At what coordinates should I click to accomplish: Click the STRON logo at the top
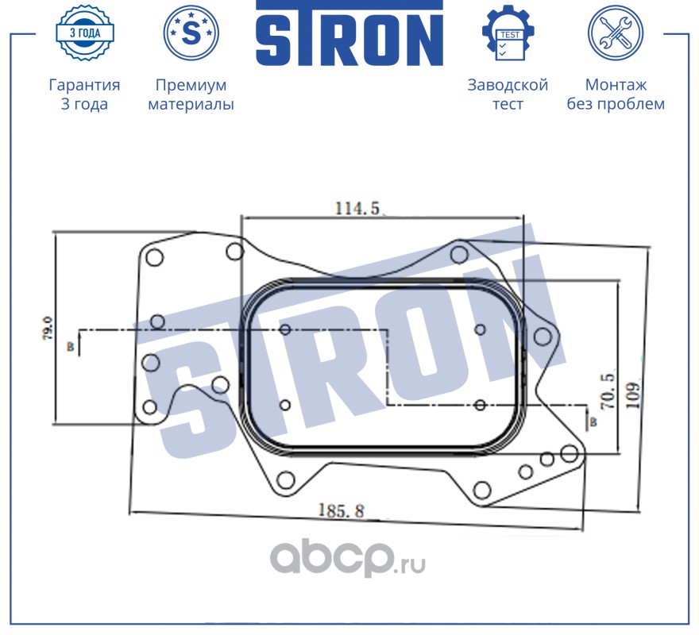coord(349,33)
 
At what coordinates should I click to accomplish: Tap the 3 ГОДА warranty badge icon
coord(84,33)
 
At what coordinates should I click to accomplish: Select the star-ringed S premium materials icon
coord(191,33)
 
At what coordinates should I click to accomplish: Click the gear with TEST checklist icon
coord(508,33)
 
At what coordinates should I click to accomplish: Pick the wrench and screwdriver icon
coord(615,33)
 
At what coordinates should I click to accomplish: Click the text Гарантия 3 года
coord(84,94)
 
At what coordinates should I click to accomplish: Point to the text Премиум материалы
coord(191,94)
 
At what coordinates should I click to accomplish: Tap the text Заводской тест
coord(508,94)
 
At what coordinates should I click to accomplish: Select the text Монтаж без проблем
coord(616,94)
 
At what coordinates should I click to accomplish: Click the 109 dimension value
coord(633,394)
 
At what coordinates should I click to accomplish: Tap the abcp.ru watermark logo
coord(349,560)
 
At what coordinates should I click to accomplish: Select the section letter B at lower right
coord(593,422)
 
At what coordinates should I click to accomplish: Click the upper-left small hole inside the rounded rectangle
coord(286,330)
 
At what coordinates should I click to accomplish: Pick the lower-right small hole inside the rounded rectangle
coord(479,406)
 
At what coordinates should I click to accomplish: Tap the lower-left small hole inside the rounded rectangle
coord(286,406)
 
